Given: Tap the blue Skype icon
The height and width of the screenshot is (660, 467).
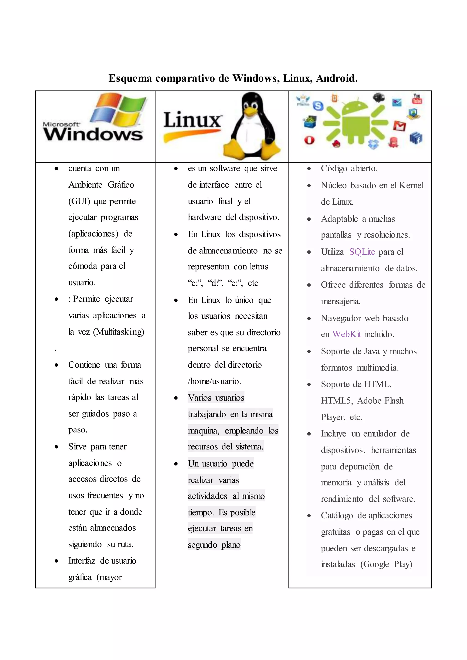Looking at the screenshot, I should [x=318, y=106].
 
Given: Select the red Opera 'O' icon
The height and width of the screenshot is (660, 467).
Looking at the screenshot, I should [x=309, y=140].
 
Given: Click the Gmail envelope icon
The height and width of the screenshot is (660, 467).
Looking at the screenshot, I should [x=400, y=126].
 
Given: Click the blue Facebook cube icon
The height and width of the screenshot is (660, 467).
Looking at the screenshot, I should [x=416, y=138].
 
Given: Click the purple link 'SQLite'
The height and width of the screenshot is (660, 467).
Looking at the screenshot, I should [x=362, y=252].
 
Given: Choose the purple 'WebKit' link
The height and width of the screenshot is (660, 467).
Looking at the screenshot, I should [x=347, y=334].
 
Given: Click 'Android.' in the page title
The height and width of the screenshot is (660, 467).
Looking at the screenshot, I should [x=337, y=78].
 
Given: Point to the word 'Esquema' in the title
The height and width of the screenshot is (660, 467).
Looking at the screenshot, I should [x=130, y=78].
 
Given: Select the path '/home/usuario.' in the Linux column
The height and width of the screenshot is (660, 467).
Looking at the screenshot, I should [x=214, y=382].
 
